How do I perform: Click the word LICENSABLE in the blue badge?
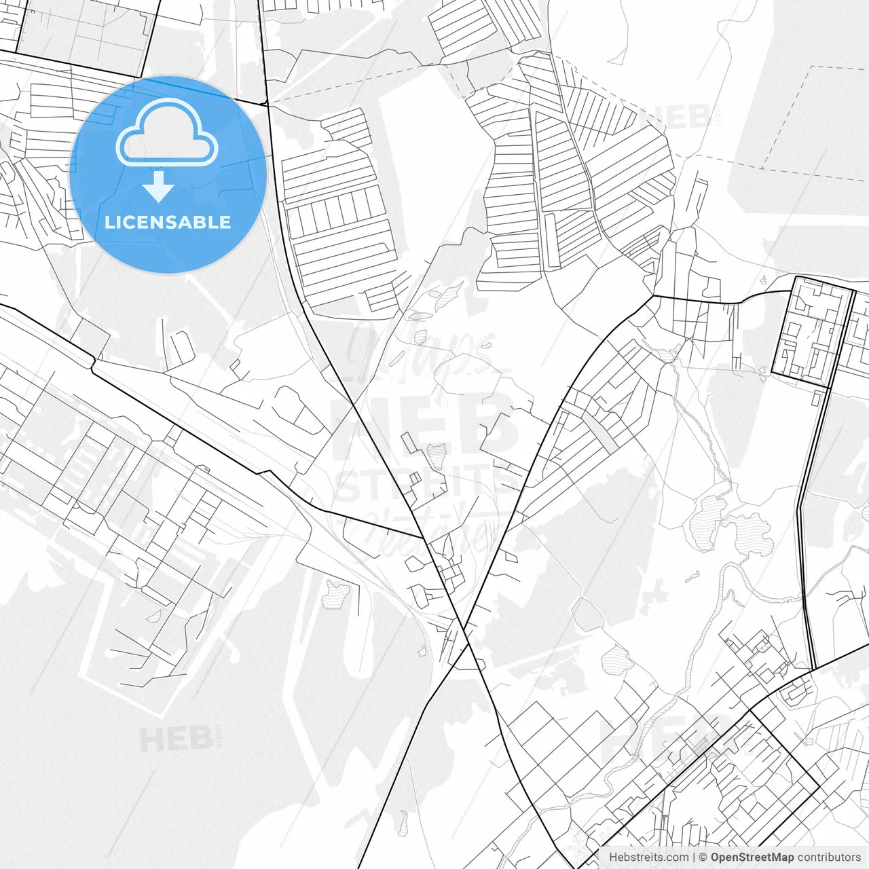coord(168,223)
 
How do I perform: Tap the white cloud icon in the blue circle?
coord(167,132)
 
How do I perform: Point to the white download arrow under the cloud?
coord(158,187)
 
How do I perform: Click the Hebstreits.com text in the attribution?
coord(648,857)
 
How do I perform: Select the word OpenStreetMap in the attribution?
coord(752,857)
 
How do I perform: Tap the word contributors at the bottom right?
coord(829,857)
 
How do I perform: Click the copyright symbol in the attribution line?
coord(703,857)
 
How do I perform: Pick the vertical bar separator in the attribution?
coord(694,857)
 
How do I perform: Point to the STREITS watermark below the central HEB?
coord(424,483)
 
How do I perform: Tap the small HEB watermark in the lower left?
coord(177,739)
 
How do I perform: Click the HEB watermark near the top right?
coord(679,117)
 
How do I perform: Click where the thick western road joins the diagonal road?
coord(424,539)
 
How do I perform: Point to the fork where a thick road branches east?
coord(653,296)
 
